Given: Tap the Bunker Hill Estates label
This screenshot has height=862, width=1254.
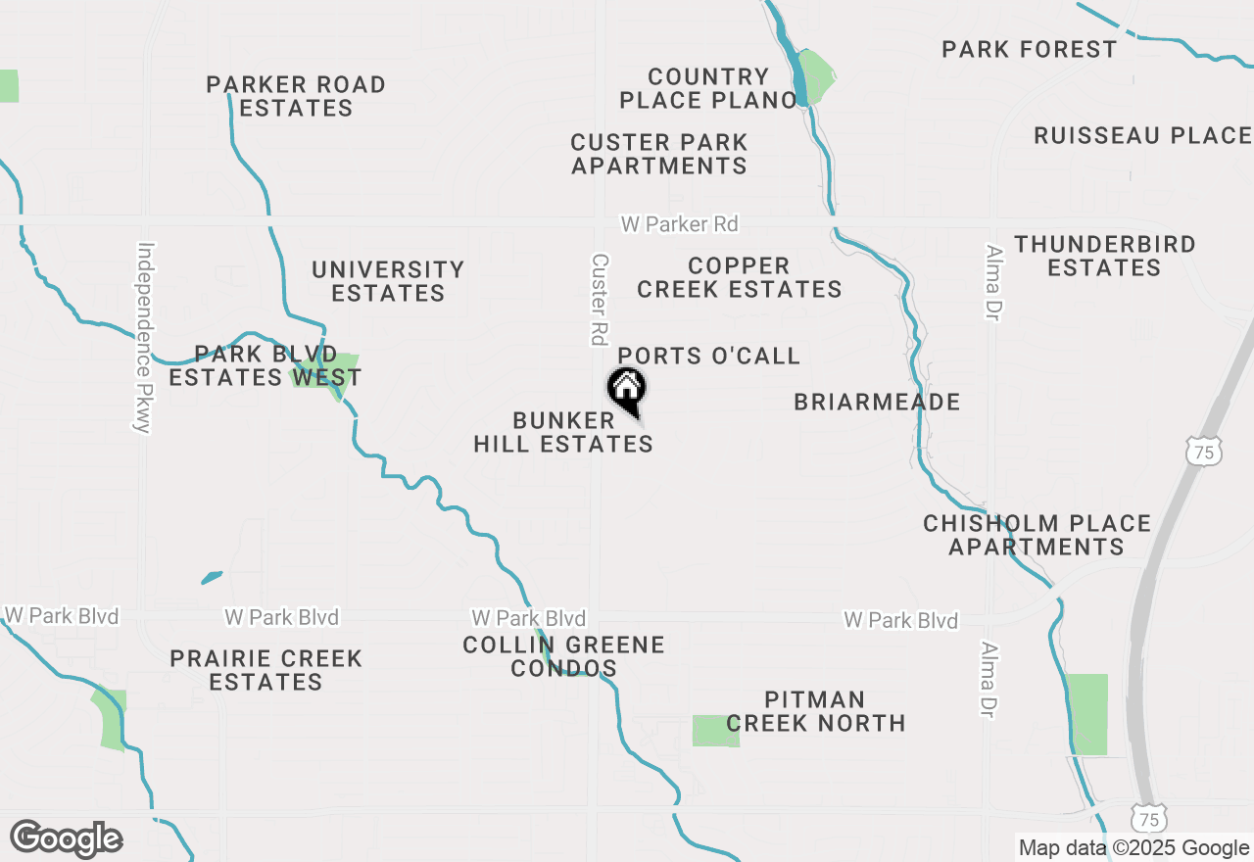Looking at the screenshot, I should tap(563, 432).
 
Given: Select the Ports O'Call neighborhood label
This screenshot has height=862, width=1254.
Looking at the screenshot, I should tap(709, 356).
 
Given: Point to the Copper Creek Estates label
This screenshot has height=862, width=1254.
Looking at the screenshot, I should tap(740, 278).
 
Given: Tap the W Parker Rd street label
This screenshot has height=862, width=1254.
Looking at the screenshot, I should tap(679, 224).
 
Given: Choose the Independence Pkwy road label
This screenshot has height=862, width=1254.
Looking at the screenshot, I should tap(144, 337).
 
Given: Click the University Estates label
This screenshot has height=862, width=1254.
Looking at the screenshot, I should tap(388, 281).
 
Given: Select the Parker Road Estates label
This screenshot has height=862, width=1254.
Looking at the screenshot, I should tap(296, 96).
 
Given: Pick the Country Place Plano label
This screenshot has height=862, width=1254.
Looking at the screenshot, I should tap(708, 88).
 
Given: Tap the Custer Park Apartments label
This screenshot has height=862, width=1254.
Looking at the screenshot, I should tap(659, 154).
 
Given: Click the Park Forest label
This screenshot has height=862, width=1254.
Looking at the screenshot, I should tap(1029, 49).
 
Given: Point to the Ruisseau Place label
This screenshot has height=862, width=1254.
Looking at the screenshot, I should tap(1142, 135).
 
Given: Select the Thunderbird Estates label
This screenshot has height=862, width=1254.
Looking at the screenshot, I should tap(1104, 256).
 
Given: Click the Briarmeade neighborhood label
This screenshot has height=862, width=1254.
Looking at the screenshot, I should tap(877, 402).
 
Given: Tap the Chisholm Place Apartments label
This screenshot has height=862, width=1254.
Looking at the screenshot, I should tap(1037, 535).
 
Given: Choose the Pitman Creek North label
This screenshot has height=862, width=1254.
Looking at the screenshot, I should tap(815, 711).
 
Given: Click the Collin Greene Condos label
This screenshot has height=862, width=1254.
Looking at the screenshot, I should tap(563, 656).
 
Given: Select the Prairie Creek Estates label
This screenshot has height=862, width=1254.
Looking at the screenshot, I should tap(265, 670).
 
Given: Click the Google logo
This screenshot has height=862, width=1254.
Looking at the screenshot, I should tap(66, 839).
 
